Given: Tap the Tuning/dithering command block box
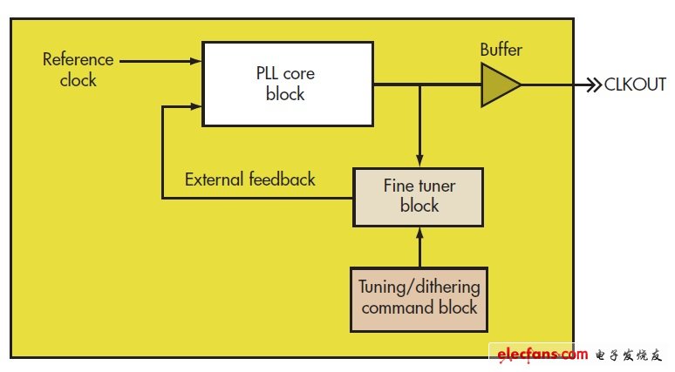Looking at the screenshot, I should [419, 297].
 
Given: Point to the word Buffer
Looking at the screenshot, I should [501, 50].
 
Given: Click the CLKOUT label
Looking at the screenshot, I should [635, 85].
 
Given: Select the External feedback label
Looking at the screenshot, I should [250, 179].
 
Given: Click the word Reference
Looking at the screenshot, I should [78, 60].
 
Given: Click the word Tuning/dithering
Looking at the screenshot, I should [419, 287].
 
